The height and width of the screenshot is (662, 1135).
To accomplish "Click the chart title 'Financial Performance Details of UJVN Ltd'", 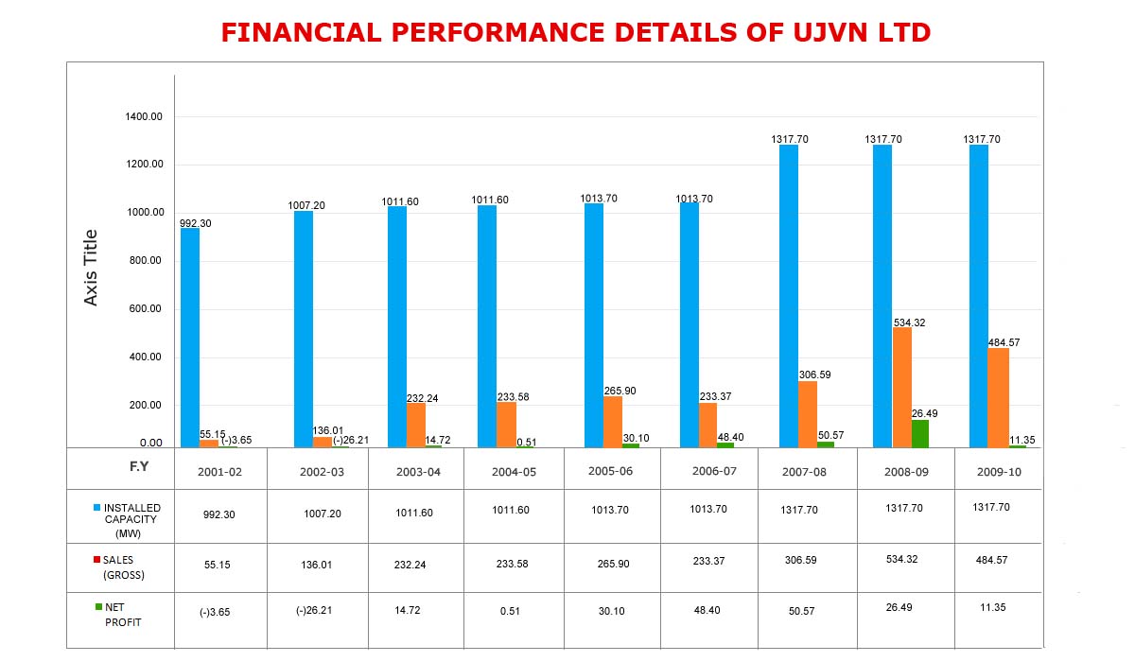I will tap(576, 33).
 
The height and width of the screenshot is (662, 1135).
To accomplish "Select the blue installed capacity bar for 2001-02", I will tap(190, 337).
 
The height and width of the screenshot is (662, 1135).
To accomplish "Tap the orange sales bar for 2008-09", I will tap(901, 387).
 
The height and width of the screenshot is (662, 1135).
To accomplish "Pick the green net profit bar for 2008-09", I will tap(919, 433).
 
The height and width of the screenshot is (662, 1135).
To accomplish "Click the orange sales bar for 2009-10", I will tap(998, 397).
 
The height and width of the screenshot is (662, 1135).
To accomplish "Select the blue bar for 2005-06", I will tap(594, 325).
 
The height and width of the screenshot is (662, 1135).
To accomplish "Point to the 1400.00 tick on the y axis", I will tap(144, 116).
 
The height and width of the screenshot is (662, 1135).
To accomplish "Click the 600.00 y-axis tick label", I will tap(144, 309).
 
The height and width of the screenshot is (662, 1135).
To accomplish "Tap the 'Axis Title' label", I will tap(92, 268).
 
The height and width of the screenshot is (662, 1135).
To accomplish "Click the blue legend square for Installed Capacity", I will tap(96, 509).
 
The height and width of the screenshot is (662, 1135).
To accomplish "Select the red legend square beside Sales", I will tap(96, 560).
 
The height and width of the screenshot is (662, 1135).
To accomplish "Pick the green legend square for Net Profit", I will tap(96, 607).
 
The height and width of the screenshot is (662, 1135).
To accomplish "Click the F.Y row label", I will tap(139, 466).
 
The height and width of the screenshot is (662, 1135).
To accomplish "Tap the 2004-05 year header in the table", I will tap(514, 471).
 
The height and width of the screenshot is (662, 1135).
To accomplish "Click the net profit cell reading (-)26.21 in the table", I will tap(314, 610).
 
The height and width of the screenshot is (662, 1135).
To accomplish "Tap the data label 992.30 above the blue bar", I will tap(197, 223).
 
